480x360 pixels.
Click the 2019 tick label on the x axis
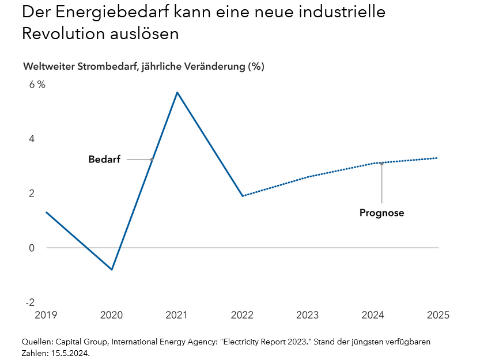coord(46,315)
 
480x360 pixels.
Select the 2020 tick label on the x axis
coord(111,315)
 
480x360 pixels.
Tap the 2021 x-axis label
coord(176,315)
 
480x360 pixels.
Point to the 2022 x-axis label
coord(242,315)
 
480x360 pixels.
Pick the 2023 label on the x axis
coord(307,315)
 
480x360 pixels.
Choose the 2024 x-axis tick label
coord(373,315)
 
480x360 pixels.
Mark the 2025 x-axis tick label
coord(437,315)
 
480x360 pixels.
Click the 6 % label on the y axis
coord(37,85)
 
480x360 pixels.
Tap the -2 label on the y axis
coord(30,302)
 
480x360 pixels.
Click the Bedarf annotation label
coord(104,160)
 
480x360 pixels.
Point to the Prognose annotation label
coord(381,213)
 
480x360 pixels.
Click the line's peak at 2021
coord(177,92)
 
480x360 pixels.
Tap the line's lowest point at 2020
coord(112,270)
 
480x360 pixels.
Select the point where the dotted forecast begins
coord(243,196)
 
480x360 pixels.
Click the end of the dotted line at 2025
coord(437,158)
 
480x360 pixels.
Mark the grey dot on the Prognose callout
coord(381,164)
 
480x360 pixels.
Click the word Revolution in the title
coord(63,33)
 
